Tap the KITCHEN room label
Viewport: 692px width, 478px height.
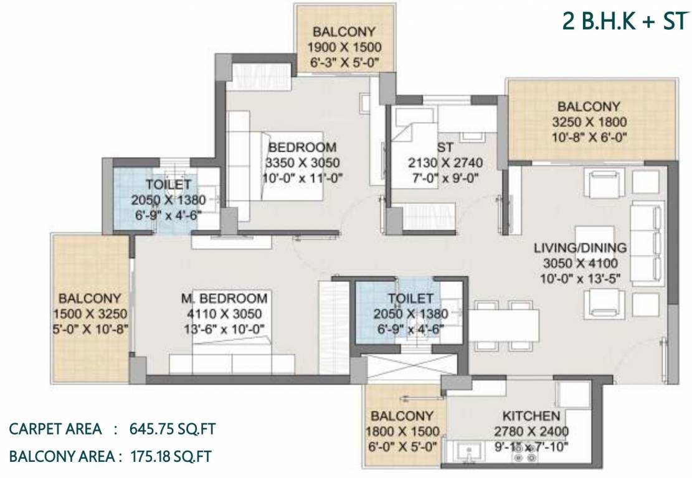(531, 416)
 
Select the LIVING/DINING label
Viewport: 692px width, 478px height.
(580, 248)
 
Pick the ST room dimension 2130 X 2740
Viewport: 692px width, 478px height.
(445, 163)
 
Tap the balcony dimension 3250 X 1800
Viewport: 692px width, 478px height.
(589, 121)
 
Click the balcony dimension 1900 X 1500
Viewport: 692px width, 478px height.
(344, 47)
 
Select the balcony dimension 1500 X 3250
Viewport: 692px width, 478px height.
(90, 314)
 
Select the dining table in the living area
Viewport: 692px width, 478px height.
(503, 324)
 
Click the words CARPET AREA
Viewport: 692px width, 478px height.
(55, 429)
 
